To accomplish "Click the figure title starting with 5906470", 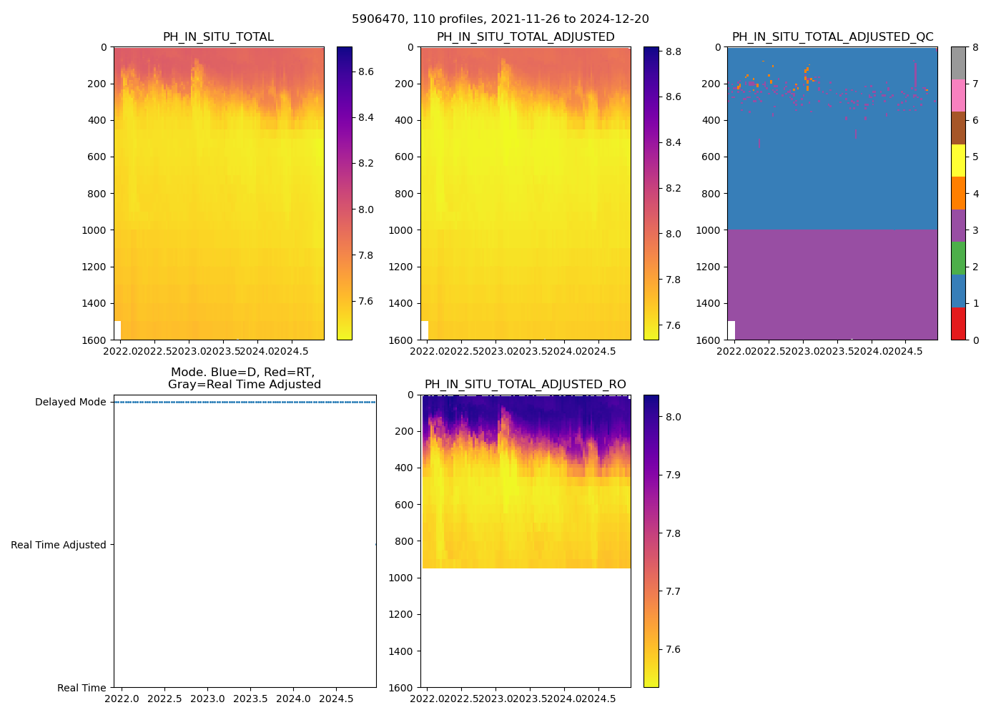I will point(500,19).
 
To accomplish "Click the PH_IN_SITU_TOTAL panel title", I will point(218,37).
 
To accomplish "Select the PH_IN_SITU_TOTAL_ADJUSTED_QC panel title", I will point(832,37).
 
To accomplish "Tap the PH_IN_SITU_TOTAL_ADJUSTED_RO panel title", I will point(525,385).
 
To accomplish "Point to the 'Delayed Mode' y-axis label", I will point(71,402).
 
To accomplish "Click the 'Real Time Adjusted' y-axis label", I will point(59,545).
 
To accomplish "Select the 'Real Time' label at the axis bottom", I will point(82,688).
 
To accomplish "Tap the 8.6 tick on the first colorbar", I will point(366,71).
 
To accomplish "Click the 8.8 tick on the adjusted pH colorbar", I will point(673,51).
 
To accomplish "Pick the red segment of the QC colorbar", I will point(958,323).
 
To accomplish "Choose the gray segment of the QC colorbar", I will point(958,63).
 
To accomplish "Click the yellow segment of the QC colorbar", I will point(958,160).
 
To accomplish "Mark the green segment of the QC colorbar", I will point(958,258).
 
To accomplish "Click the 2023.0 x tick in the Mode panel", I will point(208,699).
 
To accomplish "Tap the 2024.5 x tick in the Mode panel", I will point(335,699).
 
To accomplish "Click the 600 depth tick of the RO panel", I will point(405,505).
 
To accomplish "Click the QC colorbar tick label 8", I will point(975,47).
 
